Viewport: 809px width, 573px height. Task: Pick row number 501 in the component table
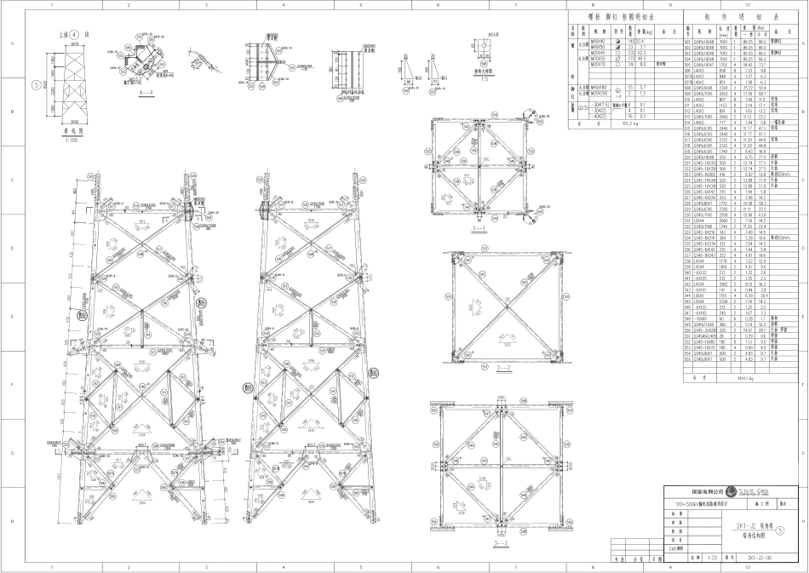[688, 41]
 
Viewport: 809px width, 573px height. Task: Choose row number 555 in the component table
[688, 359]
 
